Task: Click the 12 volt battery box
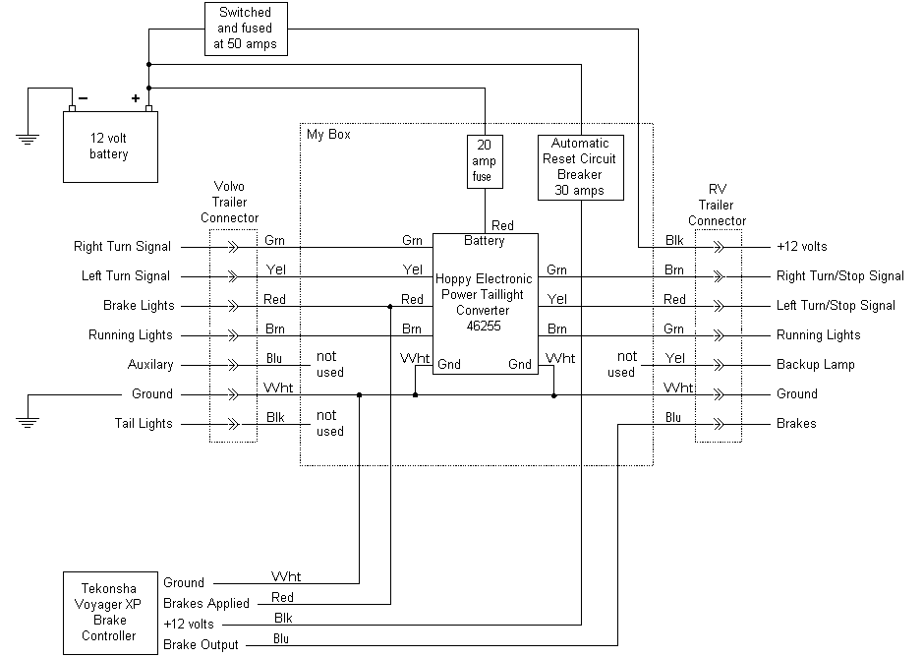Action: [x=110, y=148]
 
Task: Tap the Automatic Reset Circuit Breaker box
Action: [x=580, y=166]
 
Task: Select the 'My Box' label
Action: [x=328, y=135]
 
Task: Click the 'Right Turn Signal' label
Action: [x=122, y=247]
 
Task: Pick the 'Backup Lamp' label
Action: [x=815, y=365]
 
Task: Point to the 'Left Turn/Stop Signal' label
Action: [x=836, y=306]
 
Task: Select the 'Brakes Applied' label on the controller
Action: [x=206, y=603]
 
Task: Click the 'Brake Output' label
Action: [x=201, y=644]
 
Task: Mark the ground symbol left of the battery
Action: [x=29, y=137]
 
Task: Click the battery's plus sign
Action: [x=136, y=98]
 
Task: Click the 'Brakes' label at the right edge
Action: [x=796, y=424]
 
